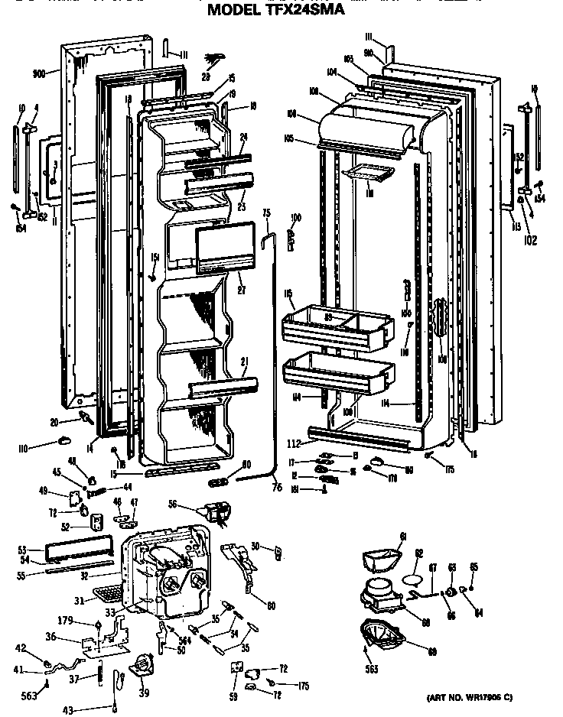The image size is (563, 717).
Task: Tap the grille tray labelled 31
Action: click(x=107, y=592)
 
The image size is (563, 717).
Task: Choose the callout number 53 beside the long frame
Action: click(x=21, y=550)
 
